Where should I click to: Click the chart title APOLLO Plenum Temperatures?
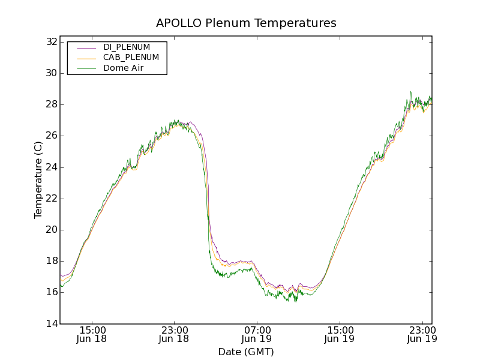coord(246,23)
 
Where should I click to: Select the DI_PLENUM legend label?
coord(127,47)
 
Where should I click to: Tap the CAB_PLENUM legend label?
coord(131,58)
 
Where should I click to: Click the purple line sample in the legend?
coord(86,47)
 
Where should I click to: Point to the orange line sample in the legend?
coord(86,58)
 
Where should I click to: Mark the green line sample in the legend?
coord(86,68)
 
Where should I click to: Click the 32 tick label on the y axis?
coord(50,42)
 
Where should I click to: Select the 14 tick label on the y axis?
coord(50,323)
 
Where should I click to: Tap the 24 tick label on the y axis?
coord(50,167)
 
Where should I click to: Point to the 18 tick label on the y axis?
coord(50,261)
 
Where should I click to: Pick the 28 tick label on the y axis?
coord(50,104)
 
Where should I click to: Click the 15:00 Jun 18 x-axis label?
coord(93,334)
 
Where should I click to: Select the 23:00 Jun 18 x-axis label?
coord(175,334)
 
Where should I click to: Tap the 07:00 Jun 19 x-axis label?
coord(257,334)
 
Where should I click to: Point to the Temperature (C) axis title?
coord(38,180)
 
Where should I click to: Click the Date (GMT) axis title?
coord(246,352)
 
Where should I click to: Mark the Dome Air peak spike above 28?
coord(410,92)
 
